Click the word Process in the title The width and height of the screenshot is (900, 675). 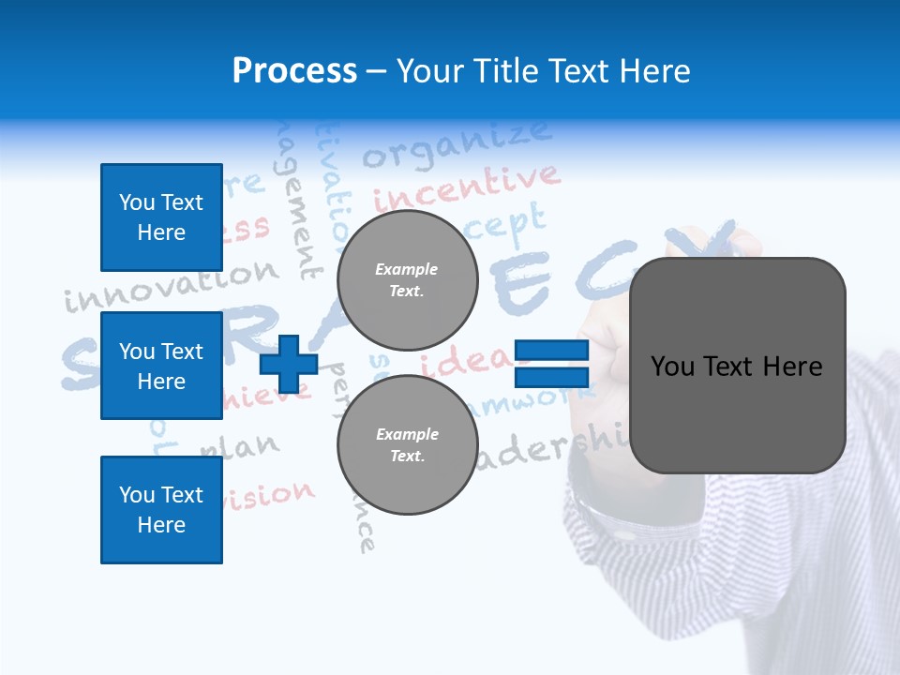click(x=294, y=71)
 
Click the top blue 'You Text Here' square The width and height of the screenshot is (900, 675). click(x=161, y=217)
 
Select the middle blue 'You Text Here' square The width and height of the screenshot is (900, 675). click(x=161, y=366)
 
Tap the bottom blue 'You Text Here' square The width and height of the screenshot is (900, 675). click(x=161, y=510)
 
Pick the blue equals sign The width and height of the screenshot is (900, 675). click(x=551, y=364)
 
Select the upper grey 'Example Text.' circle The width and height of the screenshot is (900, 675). click(x=407, y=279)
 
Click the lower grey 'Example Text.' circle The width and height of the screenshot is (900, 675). click(x=407, y=444)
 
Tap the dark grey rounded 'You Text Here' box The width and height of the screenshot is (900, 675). click(x=737, y=366)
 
